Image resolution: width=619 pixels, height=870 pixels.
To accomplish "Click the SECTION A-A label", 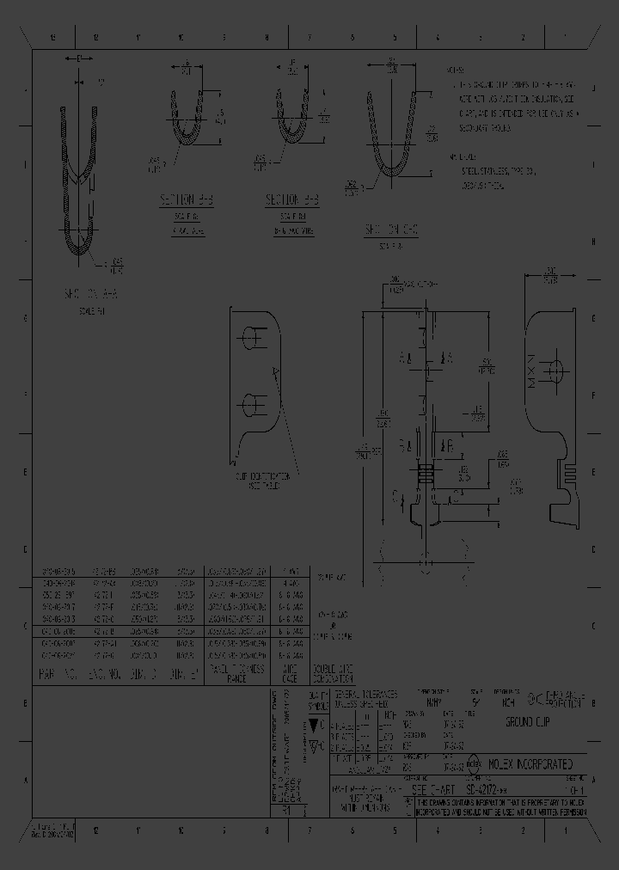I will pos(84,294).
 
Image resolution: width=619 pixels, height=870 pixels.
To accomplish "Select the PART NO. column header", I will pos(59,676).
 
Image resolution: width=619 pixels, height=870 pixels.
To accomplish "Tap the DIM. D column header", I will pos(144,676).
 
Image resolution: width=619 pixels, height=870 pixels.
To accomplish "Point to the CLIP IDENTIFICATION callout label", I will pos(262,479).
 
